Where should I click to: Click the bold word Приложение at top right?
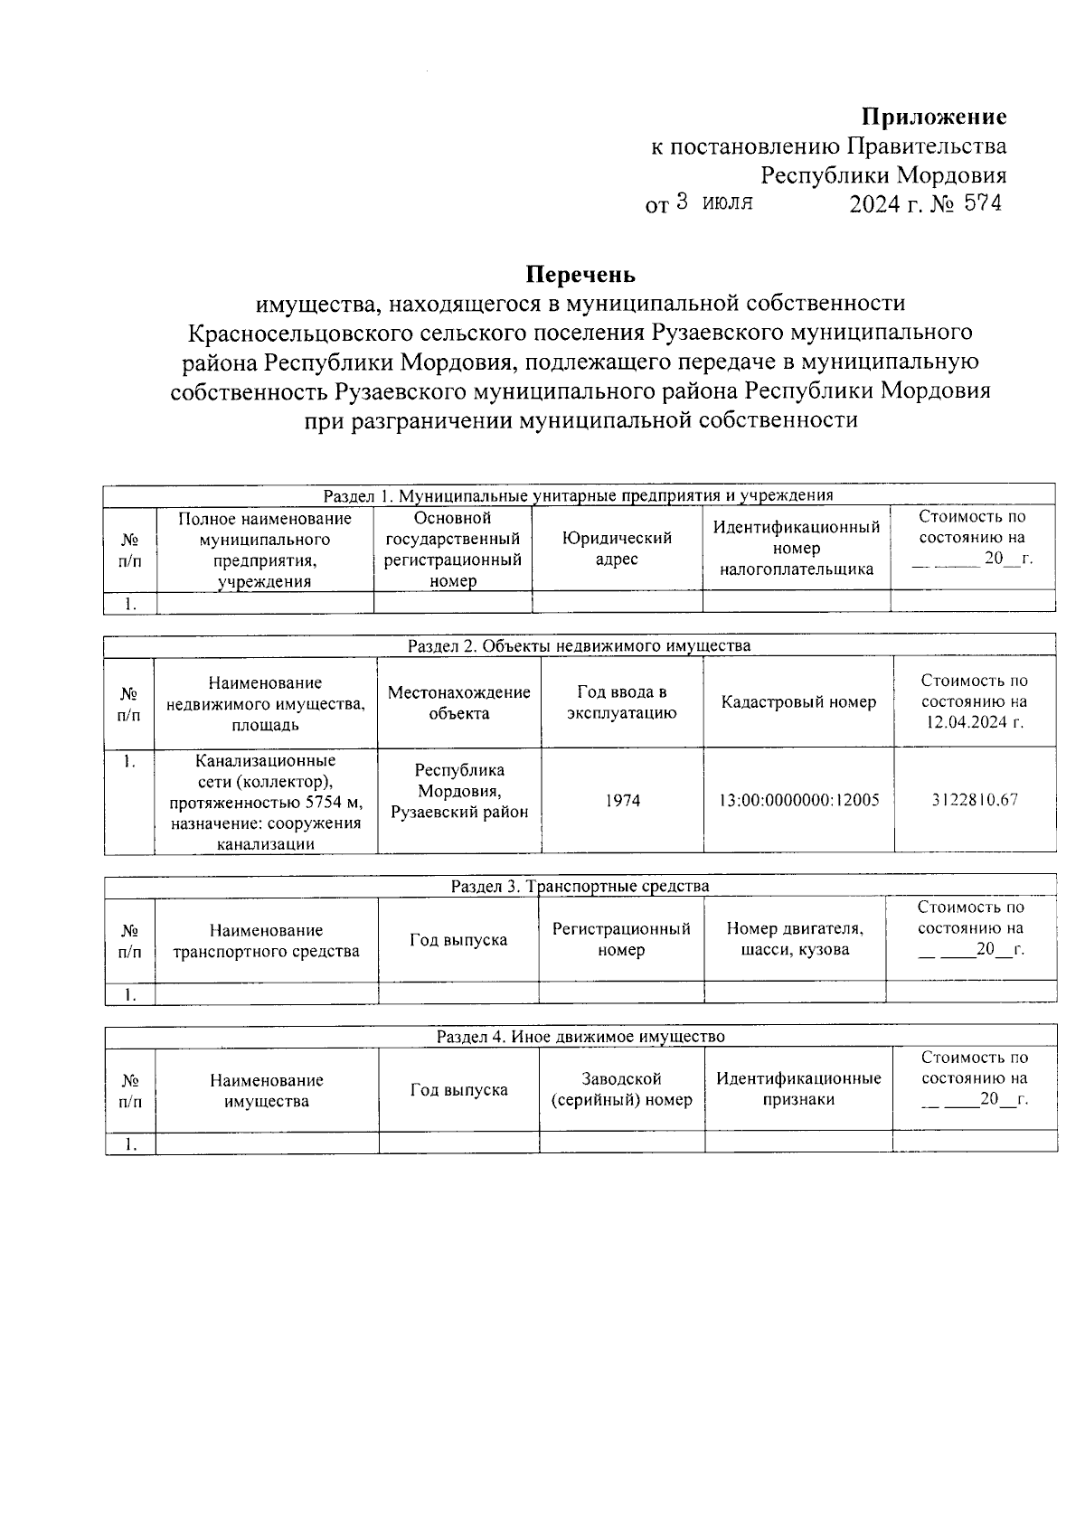pyautogui.click(x=933, y=117)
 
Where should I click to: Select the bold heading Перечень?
pyautogui.click(x=580, y=274)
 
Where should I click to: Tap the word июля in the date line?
pyautogui.click(x=728, y=203)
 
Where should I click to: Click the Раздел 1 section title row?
pyautogui.click(x=579, y=495)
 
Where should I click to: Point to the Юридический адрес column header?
pyautogui.click(x=617, y=549)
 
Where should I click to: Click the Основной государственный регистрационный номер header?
pyautogui.click(x=453, y=549)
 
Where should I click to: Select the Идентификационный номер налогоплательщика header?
pyautogui.click(x=797, y=549)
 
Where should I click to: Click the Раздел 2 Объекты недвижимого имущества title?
pyautogui.click(x=579, y=645)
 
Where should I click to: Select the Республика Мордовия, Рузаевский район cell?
pyautogui.click(x=459, y=791)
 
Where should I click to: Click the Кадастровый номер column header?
pyautogui.click(x=798, y=702)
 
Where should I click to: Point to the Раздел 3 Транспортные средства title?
pyautogui.click(x=580, y=886)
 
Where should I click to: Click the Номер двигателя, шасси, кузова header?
pyautogui.click(x=795, y=939)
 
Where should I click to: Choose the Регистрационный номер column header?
pyautogui.click(x=621, y=939)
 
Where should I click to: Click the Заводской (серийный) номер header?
pyautogui.click(x=621, y=1089)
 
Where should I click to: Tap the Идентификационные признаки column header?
pyautogui.click(x=798, y=1089)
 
